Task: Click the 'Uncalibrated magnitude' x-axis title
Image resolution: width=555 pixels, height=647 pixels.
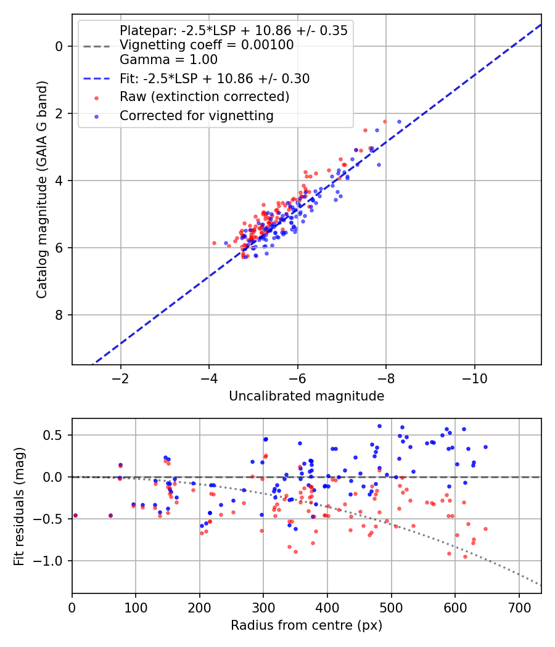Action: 306,396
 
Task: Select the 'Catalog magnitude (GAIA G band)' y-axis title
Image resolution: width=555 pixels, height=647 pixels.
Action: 42,190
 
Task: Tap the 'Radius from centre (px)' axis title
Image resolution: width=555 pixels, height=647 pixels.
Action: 306,625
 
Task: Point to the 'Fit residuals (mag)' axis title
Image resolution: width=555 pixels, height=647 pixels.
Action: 19,507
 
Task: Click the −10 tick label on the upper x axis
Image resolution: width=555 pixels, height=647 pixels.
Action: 474,378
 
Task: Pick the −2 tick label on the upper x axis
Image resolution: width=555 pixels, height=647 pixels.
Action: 121,378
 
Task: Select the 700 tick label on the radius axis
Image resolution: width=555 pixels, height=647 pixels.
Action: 519,608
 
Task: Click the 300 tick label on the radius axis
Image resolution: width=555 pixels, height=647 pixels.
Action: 263,608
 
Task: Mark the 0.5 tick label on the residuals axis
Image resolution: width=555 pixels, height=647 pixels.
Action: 53,435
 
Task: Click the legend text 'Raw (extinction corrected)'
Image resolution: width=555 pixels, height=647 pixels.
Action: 204,97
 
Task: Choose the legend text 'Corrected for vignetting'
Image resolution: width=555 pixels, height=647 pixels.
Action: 197,116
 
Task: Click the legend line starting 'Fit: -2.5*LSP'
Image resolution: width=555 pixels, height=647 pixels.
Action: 215,78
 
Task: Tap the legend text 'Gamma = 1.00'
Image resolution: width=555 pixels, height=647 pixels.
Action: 168,60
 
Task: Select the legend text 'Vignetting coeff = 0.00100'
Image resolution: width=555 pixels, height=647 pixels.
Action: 207,45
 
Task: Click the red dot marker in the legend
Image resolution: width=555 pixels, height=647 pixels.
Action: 97,98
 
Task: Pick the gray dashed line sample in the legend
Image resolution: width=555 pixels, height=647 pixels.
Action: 97,46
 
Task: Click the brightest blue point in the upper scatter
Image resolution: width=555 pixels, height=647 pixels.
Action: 400,122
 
